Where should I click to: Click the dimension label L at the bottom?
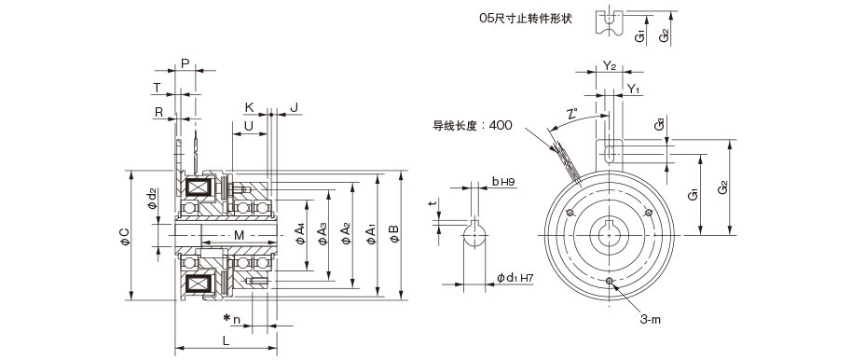click(x=226, y=340)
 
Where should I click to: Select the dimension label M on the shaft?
click(x=239, y=235)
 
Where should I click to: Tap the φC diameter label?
click(x=125, y=236)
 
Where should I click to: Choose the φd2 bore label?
click(x=152, y=199)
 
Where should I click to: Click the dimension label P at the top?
click(x=185, y=63)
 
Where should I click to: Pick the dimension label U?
click(x=249, y=126)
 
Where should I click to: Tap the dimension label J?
click(x=294, y=107)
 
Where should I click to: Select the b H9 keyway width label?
click(x=503, y=181)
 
